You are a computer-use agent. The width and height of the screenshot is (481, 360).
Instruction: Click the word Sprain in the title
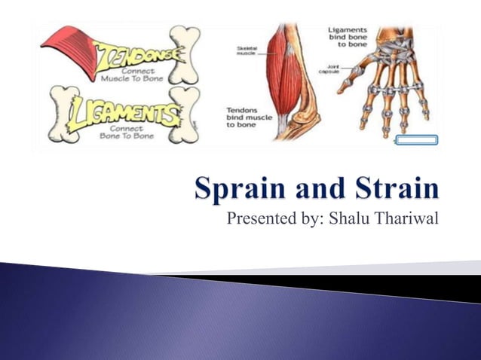click(237, 188)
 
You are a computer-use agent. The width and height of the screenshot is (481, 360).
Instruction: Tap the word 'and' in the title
click(315, 188)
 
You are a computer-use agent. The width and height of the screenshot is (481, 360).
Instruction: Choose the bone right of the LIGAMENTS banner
click(185, 113)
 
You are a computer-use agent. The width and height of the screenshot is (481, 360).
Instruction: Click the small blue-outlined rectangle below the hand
click(416, 139)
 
